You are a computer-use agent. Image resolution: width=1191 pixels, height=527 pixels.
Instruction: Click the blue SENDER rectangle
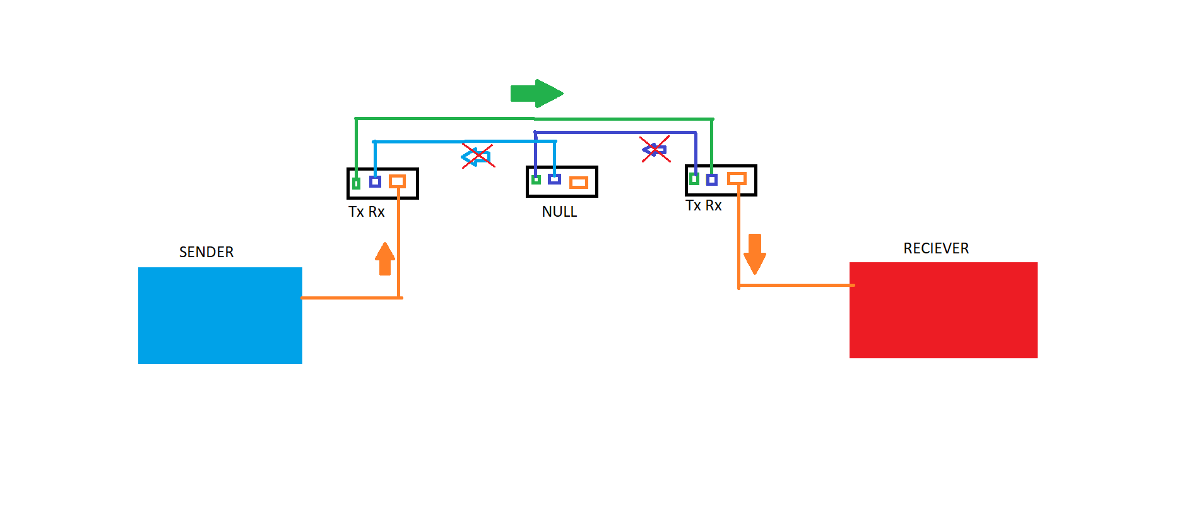[x=220, y=315]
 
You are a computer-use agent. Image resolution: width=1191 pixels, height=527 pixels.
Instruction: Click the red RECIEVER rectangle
[x=943, y=310]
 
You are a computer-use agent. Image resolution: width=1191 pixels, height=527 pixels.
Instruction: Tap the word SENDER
[x=206, y=252]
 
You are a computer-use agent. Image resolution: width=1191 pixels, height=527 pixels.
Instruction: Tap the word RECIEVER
[x=936, y=248]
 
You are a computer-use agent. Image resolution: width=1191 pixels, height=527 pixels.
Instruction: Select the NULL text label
[x=559, y=212]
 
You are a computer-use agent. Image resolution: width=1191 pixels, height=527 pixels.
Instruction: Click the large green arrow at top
[x=536, y=94]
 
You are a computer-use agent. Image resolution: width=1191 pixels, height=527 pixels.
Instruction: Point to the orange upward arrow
[x=385, y=259]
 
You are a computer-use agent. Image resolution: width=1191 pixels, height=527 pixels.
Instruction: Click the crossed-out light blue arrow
[x=477, y=156]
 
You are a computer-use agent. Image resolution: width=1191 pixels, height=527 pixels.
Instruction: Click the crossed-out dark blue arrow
[x=655, y=150]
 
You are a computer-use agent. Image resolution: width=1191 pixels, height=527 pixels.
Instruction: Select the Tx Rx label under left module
[x=366, y=212]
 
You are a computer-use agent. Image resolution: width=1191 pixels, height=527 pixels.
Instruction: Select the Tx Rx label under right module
[x=703, y=205]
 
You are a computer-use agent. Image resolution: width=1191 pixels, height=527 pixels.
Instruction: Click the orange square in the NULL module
[x=578, y=183]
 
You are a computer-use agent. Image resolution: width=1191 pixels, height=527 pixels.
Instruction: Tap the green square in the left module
[x=357, y=183]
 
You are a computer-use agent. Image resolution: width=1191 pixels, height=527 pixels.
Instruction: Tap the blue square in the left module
[x=375, y=182]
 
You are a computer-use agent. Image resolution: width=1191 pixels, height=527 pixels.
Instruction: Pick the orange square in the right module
[x=737, y=179]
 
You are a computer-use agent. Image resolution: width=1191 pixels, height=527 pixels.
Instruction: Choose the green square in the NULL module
[x=536, y=180]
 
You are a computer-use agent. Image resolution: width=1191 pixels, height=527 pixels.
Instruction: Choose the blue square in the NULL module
[x=554, y=179]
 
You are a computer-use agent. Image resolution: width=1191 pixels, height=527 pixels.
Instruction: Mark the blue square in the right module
[x=711, y=180]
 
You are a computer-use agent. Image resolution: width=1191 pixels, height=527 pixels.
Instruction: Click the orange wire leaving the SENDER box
[x=350, y=298]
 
